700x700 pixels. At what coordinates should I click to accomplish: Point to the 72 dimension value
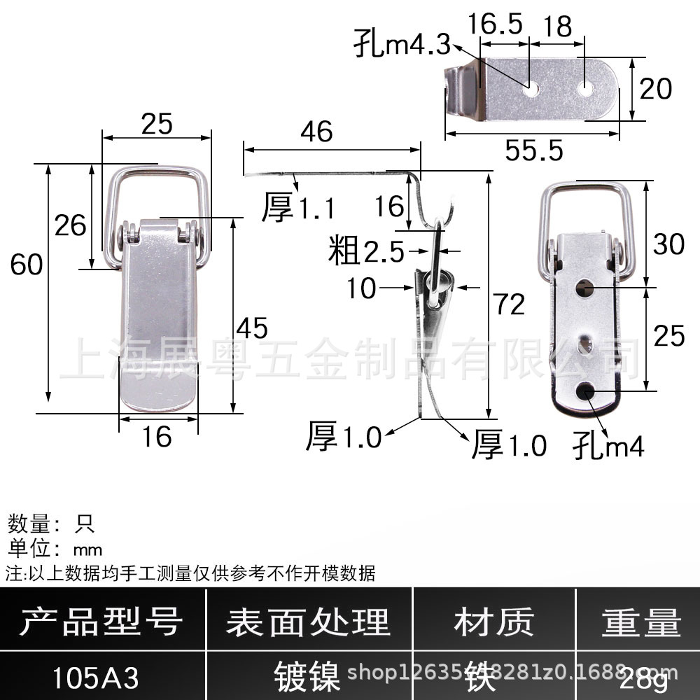507,305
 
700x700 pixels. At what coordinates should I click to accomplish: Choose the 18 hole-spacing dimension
557,26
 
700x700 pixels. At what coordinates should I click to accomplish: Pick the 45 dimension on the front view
252,328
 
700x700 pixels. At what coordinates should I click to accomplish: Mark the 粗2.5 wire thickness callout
366,251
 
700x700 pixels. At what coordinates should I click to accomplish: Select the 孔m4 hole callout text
608,444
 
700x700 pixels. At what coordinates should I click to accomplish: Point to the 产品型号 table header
101,622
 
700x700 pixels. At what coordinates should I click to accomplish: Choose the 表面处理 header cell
308,622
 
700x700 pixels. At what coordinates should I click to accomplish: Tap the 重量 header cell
640,622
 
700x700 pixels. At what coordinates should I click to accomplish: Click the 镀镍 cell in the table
308,678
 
